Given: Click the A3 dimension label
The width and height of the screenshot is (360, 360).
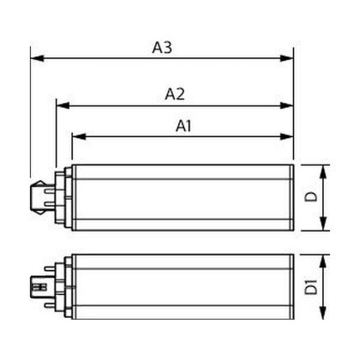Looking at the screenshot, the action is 162,47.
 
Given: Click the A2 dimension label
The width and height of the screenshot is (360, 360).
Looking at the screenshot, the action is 175,94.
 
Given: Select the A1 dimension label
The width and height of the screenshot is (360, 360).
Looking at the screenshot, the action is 183,126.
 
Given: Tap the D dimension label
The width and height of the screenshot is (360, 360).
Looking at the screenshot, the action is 311,197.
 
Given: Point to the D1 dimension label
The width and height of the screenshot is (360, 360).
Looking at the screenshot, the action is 311,287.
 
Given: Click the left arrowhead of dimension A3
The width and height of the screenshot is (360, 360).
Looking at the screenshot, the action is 37,58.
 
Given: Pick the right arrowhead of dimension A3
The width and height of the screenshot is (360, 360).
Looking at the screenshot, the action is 286,58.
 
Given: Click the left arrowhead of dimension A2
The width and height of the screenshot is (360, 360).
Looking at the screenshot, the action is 63,105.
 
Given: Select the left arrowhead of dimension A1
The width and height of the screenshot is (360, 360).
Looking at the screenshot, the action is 79,136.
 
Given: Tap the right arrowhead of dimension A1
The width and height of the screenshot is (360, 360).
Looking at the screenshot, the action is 286,136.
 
